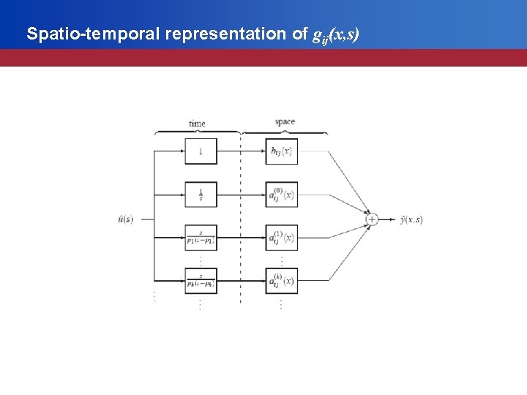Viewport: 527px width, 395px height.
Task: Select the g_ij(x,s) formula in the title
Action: [x=335, y=34]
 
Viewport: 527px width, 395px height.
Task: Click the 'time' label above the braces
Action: [x=197, y=124]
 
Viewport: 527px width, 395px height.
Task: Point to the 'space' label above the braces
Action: [x=285, y=122]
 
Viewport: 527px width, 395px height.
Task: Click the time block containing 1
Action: [x=201, y=151]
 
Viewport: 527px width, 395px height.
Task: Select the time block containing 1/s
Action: [x=201, y=195]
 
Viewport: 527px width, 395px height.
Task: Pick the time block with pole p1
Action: [x=201, y=238]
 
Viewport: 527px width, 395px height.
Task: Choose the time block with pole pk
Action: [x=201, y=281]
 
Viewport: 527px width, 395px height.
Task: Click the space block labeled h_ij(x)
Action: [x=282, y=151]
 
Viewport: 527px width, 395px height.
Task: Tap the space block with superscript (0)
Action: [x=282, y=195]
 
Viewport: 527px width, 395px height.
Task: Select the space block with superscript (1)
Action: [x=282, y=238]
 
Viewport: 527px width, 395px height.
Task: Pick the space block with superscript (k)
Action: [x=282, y=281]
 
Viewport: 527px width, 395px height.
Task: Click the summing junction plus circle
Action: [x=372, y=219]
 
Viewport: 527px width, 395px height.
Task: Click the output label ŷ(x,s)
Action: [x=411, y=219]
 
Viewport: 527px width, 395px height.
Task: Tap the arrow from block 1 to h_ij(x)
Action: [x=242, y=151]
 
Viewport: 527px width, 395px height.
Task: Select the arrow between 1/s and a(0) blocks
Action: [x=242, y=195]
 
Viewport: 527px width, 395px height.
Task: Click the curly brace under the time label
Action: [x=197, y=132]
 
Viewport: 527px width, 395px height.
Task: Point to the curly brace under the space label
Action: [x=285, y=132]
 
